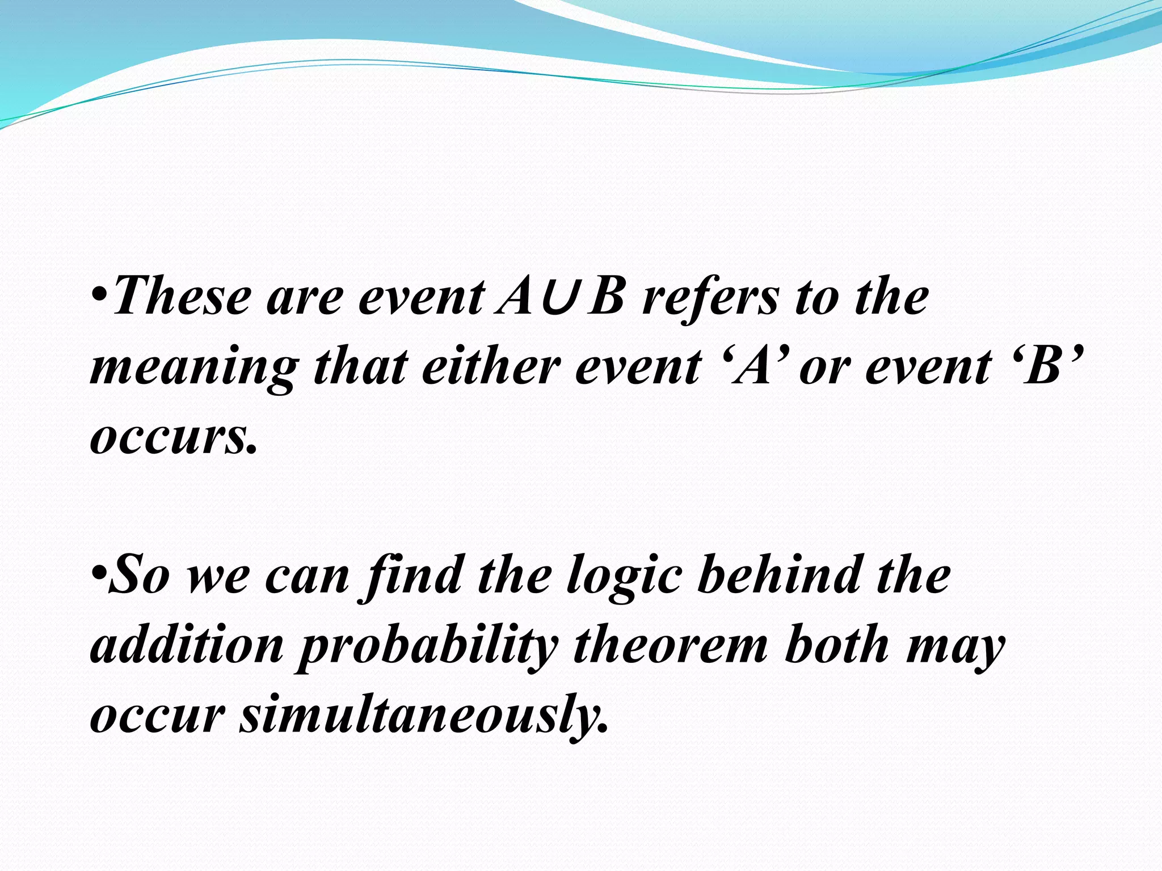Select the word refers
point(709,298)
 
